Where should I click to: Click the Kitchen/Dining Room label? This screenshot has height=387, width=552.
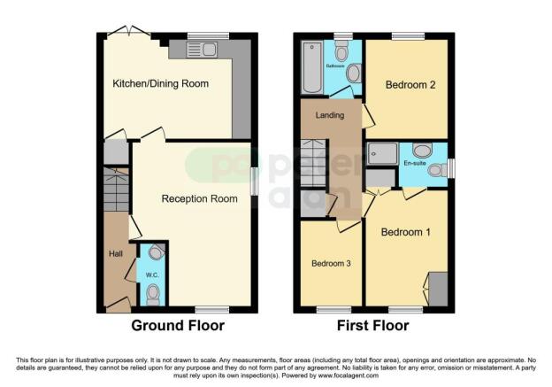[x=160, y=84]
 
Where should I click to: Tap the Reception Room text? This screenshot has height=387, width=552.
[x=199, y=199]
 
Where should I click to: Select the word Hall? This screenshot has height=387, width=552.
[x=115, y=254]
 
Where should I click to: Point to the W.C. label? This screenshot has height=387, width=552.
[x=151, y=273]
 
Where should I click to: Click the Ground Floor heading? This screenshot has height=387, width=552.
[x=178, y=326]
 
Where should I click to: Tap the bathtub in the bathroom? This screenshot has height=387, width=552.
[x=311, y=66]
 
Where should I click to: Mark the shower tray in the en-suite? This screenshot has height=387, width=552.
[x=383, y=154]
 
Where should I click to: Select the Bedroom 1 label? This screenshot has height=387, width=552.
[x=405, y=232]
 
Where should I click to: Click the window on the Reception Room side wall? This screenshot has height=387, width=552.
[x=255, y=182]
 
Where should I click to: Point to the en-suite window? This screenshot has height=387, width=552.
[x=451, y=167]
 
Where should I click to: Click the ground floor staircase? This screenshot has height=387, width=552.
[x=116, y=191]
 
